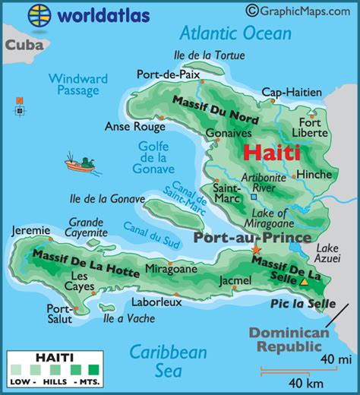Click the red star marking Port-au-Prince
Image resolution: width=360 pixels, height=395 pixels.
coord(256,250)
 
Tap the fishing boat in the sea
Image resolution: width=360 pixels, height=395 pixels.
coord(81,163)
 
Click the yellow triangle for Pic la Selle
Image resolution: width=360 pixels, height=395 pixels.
coord(304,281)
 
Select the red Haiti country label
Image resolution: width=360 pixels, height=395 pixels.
coord(271,152)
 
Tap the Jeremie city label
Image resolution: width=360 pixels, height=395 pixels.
coord(30,230)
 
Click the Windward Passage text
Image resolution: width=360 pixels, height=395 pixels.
coord(78,84)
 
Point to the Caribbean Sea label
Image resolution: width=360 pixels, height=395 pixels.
coord(168,360)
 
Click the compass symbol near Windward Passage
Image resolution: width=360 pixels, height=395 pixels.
coord(19,106)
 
